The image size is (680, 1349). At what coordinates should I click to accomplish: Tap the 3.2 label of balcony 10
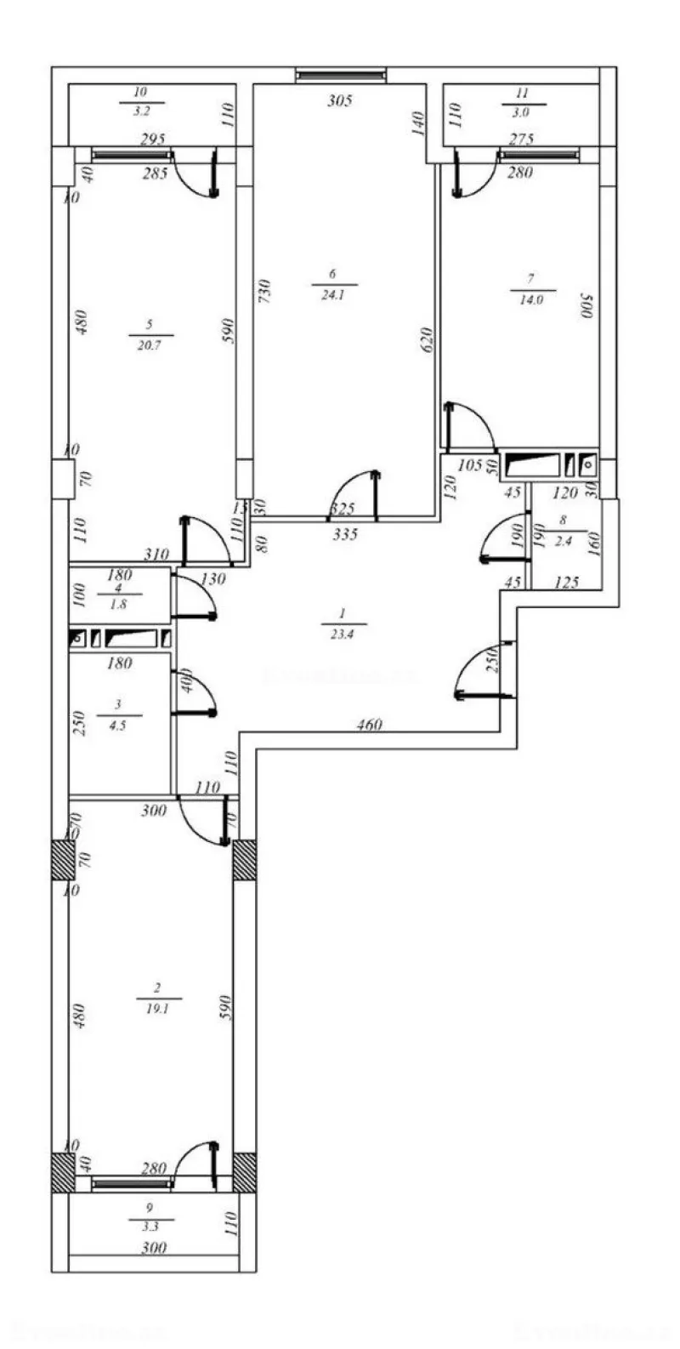click(141, 111)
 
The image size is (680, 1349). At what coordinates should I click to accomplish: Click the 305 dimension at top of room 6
click(339, 100)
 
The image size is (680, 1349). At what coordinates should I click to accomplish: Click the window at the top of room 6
click(341, 77)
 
